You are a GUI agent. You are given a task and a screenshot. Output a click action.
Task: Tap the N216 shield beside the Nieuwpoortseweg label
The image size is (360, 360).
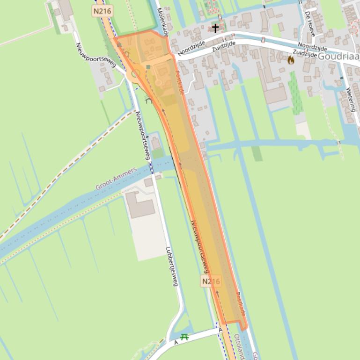coord(210,281)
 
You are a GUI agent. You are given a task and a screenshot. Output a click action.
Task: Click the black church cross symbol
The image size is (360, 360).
coord(215,28)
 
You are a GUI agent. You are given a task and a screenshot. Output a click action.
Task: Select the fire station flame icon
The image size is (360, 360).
coord(291,60)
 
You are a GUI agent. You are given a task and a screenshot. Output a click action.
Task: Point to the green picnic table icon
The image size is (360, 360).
coord(184,336)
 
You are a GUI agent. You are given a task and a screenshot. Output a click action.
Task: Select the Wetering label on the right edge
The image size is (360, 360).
coord(351,101)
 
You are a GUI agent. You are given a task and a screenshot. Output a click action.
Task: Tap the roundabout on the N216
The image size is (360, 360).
coord(135,74)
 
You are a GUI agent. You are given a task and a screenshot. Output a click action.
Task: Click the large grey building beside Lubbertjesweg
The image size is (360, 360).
coord(140,204)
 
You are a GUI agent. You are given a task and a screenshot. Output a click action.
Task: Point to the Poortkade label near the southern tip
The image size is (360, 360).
coord(241,304)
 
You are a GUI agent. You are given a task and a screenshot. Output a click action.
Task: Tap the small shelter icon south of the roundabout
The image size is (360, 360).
coord(149,100)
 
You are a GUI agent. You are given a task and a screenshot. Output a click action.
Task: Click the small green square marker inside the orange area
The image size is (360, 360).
coord(148,67)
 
